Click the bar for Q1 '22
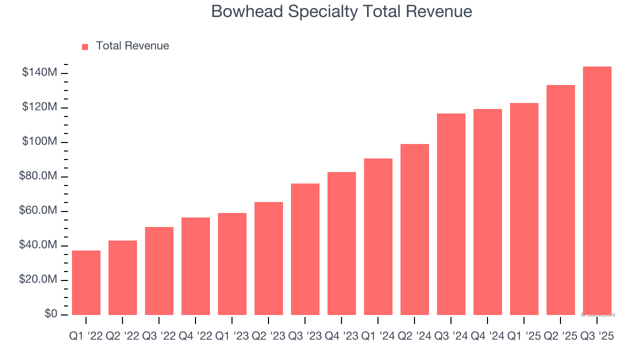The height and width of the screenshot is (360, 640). pos(86,282)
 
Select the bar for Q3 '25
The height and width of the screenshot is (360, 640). pos(597,190)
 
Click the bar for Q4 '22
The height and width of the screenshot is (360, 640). pos(195,266)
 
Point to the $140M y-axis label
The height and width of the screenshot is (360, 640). pos(39,73)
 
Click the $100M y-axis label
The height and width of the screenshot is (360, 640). pos(39,142)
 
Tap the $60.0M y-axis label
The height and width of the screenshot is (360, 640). pos(38,211)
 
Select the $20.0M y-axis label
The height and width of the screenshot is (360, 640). pos(38,280)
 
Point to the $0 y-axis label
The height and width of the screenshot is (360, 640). pos(50,314)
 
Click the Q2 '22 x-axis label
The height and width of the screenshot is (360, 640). pos(122,336)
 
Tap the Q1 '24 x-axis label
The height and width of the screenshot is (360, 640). pos(378,336)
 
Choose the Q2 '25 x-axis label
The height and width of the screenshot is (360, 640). pos(560,336)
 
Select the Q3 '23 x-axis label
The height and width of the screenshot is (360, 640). pos(305,336)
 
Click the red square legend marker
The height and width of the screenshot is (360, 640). pos(85,46)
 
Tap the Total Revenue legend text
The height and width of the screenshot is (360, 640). pos(132,46)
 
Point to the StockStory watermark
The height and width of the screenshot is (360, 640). pos(598,315)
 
